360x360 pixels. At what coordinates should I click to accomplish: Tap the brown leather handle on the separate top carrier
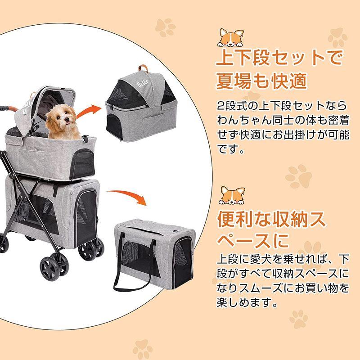(145, 67)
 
